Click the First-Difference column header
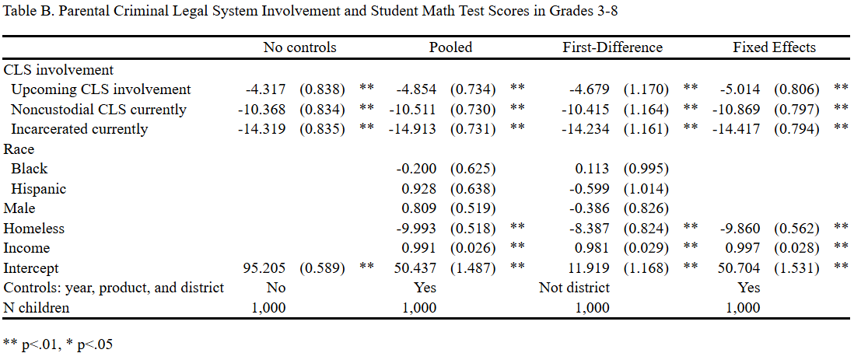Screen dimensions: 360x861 pyautogui.click(x=612, y=47)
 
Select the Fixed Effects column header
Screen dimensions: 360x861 pyautogui.click(x=774, y=47)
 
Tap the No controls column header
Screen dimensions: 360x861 pyautogui.click(x=299, y=47)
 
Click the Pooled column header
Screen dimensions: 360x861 pyautogui.click(x=450, y=47)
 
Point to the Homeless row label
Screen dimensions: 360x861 pyautogui.click(x=34, y=229)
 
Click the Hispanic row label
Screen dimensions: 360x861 pyautogui.click(x=39, y=189)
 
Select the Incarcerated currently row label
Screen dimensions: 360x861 pyautogui.click(x=79, y=129)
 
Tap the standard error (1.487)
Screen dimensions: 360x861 pyautogui.click(x=474, y=268)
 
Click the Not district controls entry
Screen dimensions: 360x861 pyautogui.click(x=574, y=288)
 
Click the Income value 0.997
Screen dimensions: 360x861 pyautogui.click(x=741, y=248)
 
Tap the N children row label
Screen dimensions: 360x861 pyautogui.click(x=37, y=308)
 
